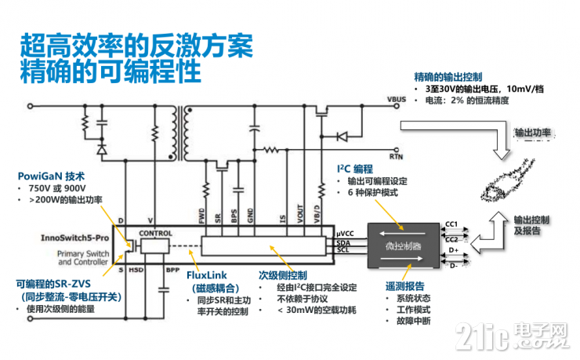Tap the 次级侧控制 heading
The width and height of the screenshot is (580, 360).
tap(286, 275)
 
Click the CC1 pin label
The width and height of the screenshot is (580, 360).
tap(452, 224)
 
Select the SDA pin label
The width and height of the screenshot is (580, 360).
tap(343, 242)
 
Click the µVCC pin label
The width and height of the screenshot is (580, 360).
tap(346, 234)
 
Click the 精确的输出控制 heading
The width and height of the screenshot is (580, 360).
tap(453, 77)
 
